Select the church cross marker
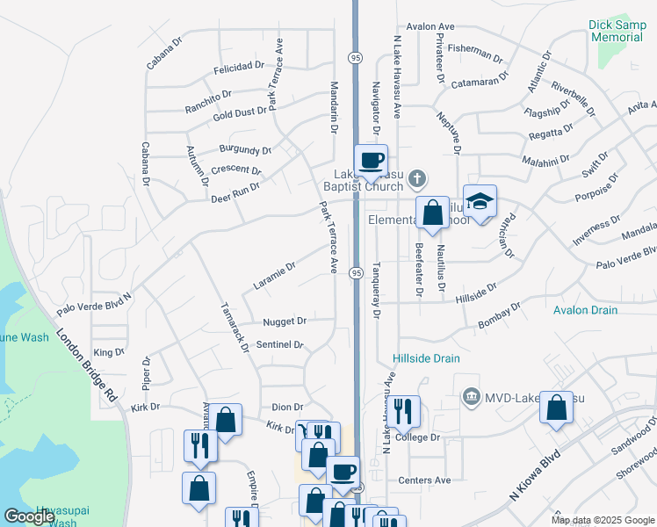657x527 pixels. (417, 179)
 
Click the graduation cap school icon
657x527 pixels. (480, 202)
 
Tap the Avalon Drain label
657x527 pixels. (585, 310)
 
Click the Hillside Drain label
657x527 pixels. (426, 358)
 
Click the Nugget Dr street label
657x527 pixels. (285, 321)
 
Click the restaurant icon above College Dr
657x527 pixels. (404, 410)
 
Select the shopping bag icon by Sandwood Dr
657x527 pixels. (556, 408)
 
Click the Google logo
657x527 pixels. (29, 516)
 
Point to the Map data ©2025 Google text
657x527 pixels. (602, 520)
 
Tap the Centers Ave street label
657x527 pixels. (424, 480)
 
